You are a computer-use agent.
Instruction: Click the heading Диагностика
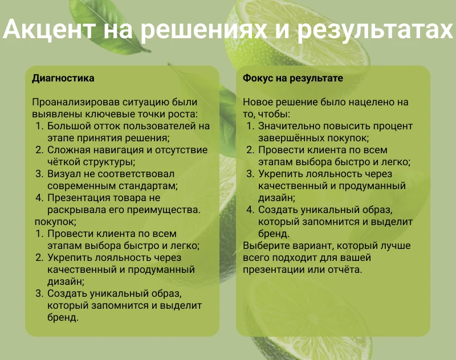point(63,78)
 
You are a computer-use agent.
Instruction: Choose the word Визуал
point(64,174)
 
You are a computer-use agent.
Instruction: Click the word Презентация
point(80,198)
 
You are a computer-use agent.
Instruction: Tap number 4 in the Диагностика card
point(39,198)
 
